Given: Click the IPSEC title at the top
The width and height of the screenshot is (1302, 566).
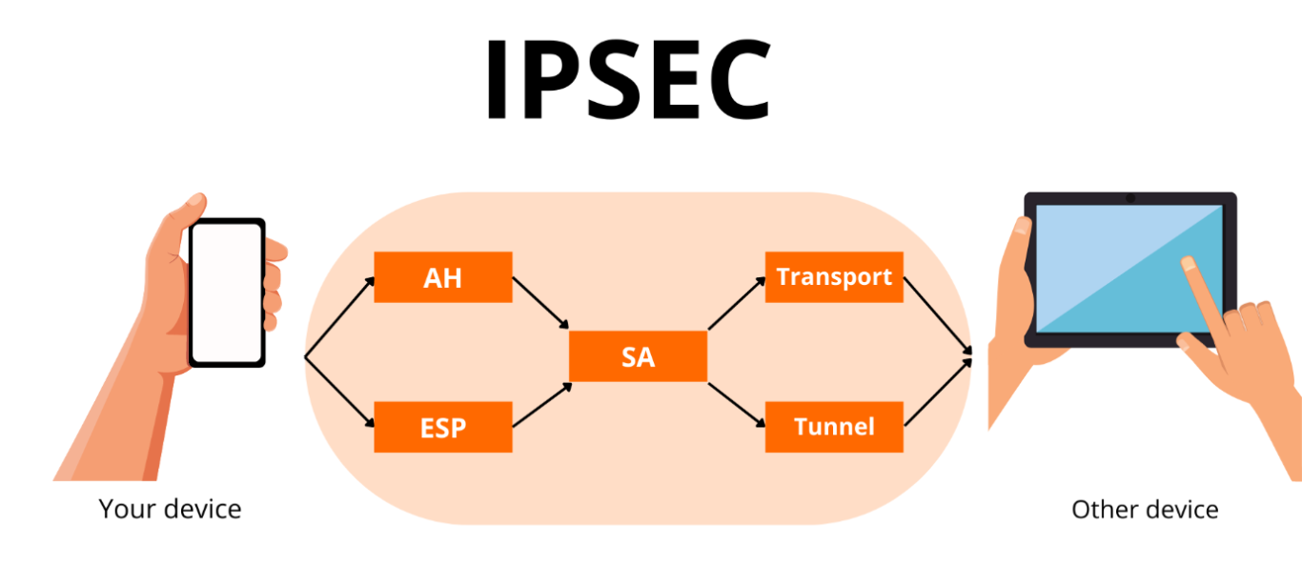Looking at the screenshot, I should pyautogui.click(x=628, y=80).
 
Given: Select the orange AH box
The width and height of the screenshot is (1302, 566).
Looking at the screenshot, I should pyautogui.click(x=443, y=277).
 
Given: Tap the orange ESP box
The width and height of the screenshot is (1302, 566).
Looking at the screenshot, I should pyautogui.click(x=443, y=427).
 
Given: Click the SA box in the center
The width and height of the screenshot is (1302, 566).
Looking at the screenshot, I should pyautogui.click(x=638, y=356).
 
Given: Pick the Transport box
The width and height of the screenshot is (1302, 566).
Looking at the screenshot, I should pyautogui.click(x=834, y=277).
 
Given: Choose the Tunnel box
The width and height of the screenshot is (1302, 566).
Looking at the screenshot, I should pyautogui.click(x=834, y=427).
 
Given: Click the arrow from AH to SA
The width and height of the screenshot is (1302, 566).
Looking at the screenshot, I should pyautogui.click(x=540, y=303).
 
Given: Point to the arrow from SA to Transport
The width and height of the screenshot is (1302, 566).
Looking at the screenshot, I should pyautogui.click(x=736, y=303).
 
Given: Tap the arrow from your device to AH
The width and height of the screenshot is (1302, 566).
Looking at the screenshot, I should pyautogui.click(x=339, y=317).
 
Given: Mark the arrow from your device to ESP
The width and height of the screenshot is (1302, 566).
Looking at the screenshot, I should pyautogui.click(x=339, y=395).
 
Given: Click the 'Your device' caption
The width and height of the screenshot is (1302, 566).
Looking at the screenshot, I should pyautogui.click(x=170, y=509).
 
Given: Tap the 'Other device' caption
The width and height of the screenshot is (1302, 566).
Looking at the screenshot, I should pyautogui.click(x=1145, y=510).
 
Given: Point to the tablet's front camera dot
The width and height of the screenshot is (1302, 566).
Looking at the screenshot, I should pyautogui.click(x=1129, y=198).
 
